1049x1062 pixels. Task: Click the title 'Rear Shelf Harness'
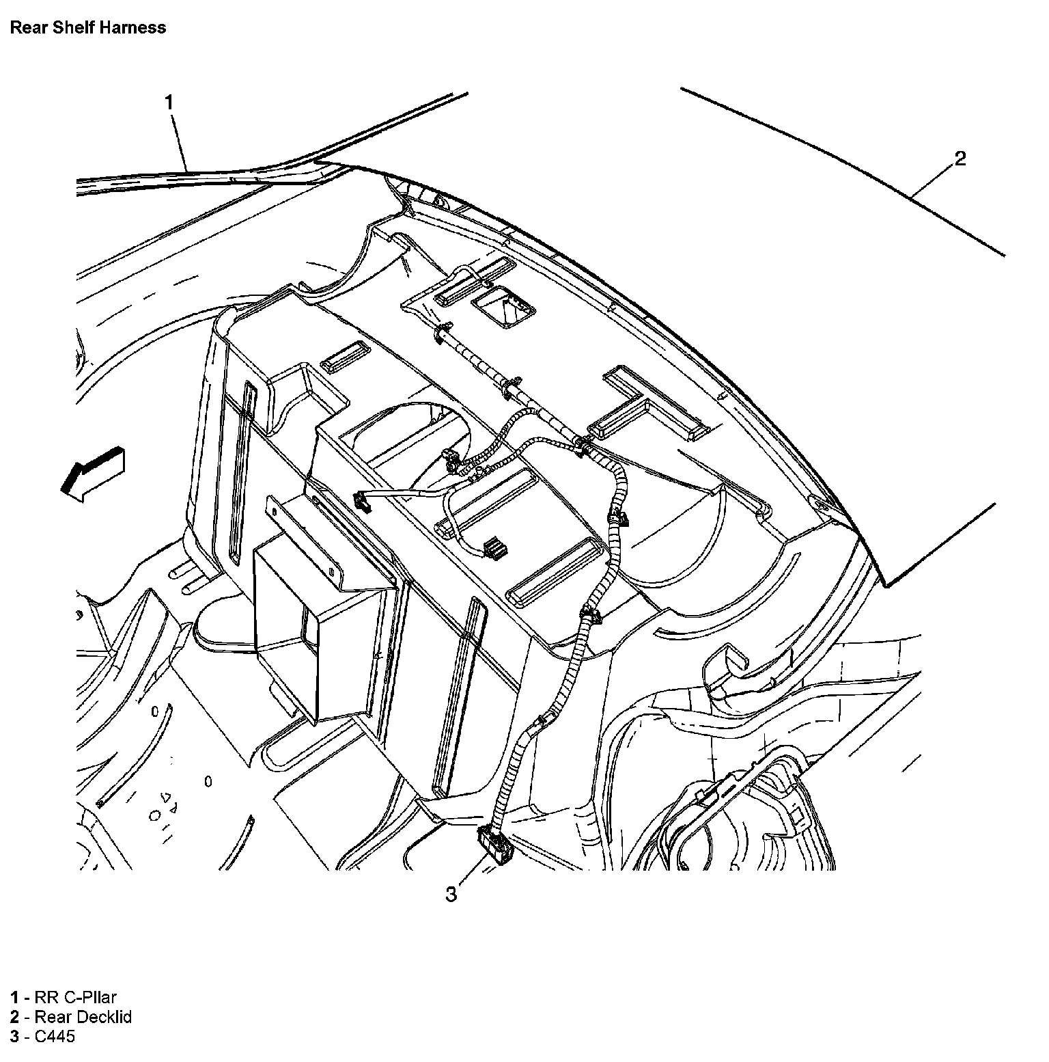coord(87,28)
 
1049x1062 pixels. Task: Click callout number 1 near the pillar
coord(169,103)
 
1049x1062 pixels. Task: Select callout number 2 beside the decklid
coord(960,159)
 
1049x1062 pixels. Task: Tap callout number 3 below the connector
coord(451,894)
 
